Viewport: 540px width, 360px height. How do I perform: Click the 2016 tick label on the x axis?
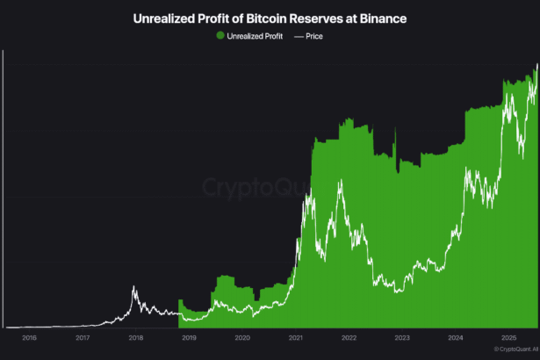click(29, 337)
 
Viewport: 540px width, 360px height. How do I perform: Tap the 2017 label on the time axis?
click(83, 337)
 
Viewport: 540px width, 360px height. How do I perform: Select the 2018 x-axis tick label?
click(136, 337)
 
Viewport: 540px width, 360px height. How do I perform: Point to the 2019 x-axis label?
click(190, 337)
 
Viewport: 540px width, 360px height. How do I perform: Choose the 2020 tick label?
click(243, 337)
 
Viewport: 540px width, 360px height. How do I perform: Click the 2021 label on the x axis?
click(296, 337)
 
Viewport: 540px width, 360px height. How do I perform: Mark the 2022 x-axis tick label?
click(349, 337)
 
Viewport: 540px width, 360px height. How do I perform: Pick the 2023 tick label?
click(403, 337)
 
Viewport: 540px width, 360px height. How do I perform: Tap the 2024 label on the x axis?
click(456, 337)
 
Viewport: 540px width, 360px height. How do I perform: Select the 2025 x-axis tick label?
click(509, 337)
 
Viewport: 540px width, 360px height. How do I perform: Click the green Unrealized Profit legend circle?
click(220, 36)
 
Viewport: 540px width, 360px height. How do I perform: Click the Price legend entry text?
click(314, 36)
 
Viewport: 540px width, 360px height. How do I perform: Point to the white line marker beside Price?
click(297, 36)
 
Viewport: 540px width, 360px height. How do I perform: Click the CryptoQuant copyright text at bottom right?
click(515, 349)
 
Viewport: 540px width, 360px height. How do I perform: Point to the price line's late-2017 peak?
click(133, 286)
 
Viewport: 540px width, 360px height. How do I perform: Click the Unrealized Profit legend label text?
click(255, 36)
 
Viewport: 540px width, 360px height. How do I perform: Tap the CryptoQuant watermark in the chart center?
click(255, 186)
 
